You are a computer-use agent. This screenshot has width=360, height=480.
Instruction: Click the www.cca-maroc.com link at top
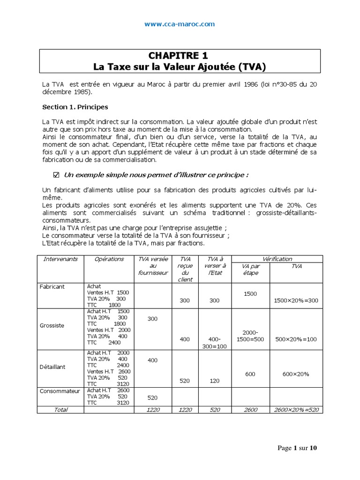click(x=180, y=24)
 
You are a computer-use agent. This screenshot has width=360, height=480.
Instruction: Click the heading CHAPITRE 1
click(x=180, y=56)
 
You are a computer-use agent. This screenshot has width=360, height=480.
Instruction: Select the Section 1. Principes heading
click(x=75, y=107)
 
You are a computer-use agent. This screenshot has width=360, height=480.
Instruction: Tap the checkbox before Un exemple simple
click(x=57, y=175)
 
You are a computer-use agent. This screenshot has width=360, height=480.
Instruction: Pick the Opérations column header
click(x=109, y=259)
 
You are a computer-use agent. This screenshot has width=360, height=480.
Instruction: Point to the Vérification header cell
click(x=277, y=259)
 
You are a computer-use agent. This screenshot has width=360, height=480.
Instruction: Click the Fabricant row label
click(x=52, y=286)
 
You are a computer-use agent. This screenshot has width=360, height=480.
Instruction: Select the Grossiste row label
click(x=52, y=325)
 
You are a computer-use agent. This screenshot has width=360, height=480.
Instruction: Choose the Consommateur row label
click(x=60, y=391)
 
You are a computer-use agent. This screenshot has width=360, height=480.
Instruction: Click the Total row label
click(x=60, y=410)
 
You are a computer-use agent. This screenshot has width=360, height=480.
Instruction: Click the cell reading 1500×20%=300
click(x=296, y=300)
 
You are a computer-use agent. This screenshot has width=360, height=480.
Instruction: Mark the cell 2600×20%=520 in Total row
click(x=296, y=410)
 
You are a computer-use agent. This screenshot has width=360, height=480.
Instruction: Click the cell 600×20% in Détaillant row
click(x=296, y=374)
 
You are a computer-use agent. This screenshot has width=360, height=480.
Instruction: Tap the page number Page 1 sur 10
click(x=297, y=448)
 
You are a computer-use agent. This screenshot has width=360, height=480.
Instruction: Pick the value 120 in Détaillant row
click(x=214, y=381)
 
